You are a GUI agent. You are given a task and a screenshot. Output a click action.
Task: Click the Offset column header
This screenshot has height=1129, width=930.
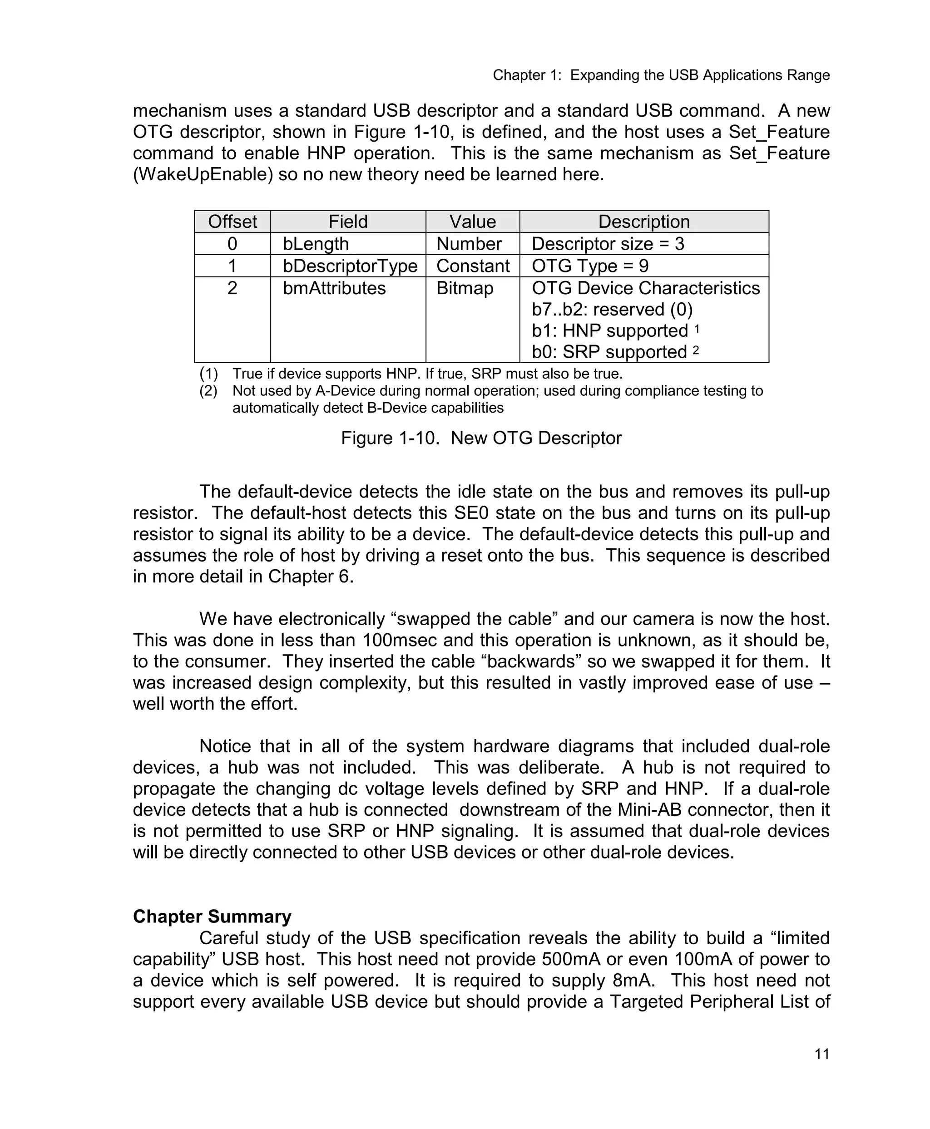232,221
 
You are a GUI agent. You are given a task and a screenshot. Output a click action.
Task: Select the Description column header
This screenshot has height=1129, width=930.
643,221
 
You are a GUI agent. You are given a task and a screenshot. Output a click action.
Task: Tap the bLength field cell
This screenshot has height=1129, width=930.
316,244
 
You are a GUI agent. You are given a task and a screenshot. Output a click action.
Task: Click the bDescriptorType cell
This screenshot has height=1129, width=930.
350,266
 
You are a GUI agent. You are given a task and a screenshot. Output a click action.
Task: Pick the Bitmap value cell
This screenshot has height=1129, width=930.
465,288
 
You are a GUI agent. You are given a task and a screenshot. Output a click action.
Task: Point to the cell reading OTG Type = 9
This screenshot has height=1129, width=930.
590,266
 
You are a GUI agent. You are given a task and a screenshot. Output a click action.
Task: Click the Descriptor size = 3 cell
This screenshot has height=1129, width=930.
608,244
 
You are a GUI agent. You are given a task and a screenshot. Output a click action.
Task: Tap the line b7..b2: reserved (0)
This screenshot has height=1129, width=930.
612,310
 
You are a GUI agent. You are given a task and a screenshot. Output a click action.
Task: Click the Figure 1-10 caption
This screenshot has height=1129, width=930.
480,438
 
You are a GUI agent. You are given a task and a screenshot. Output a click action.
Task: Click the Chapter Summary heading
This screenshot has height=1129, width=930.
212,917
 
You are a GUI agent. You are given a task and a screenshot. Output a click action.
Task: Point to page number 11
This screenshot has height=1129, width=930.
822,1054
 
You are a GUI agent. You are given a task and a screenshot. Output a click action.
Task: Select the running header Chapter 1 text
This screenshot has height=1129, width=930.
661,75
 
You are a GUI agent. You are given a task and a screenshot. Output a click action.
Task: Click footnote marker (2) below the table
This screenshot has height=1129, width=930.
208,391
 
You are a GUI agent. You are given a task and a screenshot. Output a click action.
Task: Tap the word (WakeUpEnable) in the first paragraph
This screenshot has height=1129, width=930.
203,174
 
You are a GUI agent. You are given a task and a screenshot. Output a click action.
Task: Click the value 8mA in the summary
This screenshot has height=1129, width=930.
634,980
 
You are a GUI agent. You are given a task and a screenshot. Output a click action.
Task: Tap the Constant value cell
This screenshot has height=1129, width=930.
473,266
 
